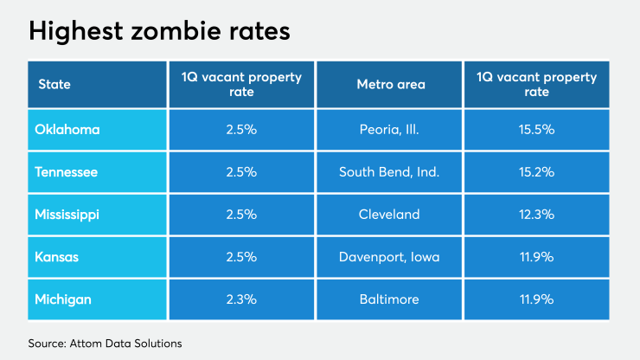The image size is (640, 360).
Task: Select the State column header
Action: pyautogui.click(x=54, y=85)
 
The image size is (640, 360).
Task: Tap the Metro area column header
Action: pyautogui.click(x=389, y=85)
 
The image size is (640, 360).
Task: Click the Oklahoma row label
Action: pyautogui.click(x=67, y=130)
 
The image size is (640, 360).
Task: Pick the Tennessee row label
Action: pyautogui.click(x=67, y=172)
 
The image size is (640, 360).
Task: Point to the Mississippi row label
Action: pyautogui.click(x=67, y=215)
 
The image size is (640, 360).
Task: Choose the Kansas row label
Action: pyautogui.click(x=57, y=257)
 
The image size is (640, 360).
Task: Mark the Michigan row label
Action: pyautogui.click(x=62, y=299)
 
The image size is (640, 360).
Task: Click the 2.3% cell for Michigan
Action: pyautogui.click(x=240, y=299)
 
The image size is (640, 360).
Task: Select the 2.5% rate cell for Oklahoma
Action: pyautogui.click(x=240, y=130)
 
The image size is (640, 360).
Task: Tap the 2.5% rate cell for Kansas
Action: pyautogui.click(x=240, y=257)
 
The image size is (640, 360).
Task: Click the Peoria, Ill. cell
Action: pyautogui.click(x=389, y=130)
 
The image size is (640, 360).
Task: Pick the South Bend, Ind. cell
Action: pyautogui.click(x=389, y=172)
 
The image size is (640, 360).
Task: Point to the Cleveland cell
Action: pyautogui.click(x=389, y=215)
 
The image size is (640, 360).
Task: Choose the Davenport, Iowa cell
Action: pyautogui.click(x=389, y=257)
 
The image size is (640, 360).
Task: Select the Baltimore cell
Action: pyautogui.click(x=389, y=299)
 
